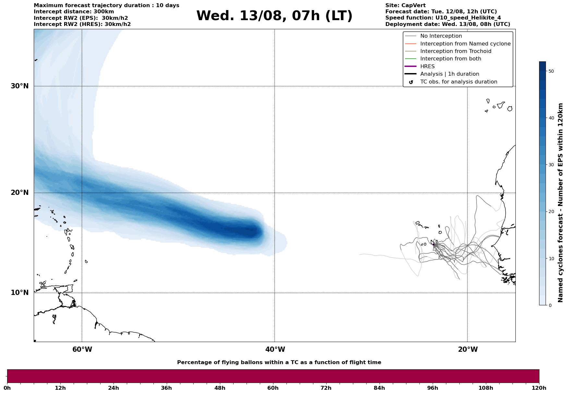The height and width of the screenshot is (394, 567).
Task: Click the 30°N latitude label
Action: click(19, 86)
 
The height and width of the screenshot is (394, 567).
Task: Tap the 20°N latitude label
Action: click(19, 193)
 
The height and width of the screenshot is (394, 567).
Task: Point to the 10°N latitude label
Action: click(19, 293)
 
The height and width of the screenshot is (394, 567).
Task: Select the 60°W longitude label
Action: click(82, 350)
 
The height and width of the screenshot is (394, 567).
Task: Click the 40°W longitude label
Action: click(275, 350)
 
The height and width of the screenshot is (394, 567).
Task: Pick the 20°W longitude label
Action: click(468, 350)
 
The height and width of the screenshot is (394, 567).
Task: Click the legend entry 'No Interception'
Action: click(441, 36)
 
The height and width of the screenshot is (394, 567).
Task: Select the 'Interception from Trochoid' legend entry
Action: click(455, 51)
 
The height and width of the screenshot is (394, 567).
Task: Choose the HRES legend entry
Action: click(427, 67)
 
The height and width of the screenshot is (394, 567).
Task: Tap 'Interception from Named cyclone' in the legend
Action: click(465, 44)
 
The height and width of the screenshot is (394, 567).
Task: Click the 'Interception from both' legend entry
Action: click(451, 59)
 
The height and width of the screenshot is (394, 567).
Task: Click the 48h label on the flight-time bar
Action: click(220, 388)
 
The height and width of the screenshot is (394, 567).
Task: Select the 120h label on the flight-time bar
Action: click(539, 388)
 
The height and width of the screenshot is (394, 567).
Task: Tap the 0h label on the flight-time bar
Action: click(7, 388)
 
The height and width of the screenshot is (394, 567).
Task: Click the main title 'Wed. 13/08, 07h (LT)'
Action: click(274, 16)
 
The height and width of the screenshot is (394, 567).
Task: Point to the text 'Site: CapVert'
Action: click(405, 6)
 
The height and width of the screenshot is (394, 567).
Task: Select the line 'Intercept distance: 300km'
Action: click(74, 12)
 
